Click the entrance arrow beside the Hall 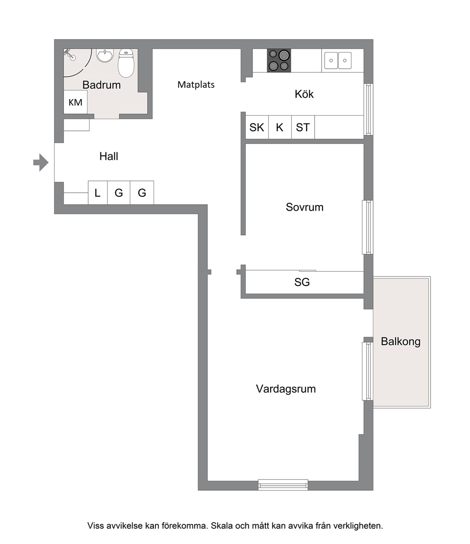pyautogui.click(x=41, y=162)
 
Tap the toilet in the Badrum pyautogui.click(x=126, y=63)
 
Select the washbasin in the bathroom pyautogui.click(x=105, y=55)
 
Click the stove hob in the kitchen pyautogui.click(x=279, y=61)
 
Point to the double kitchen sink pyautogui.click(x=338, y=61)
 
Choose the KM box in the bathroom pyautogui.click(x=75, y=102)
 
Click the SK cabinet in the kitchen pyautogui.click(x=257, y=127)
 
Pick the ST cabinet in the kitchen pyautogui.click(x=303, y=127)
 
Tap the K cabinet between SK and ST pyautogui.click(x=280, y=127)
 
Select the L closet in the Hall pyautogui.click(x=98, y=193)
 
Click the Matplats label pyautogui.click(x=196, y=85)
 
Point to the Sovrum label pyautogui.click(x=305, y=207)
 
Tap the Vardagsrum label pyautogui.click(x=286, y=389)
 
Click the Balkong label pyautogui.click(x=400, y=341)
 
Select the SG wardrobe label pyautogui.click(x=302, y=282)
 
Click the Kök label pyautogui.click(x=304, y=94)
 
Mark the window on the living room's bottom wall pyautogui.click(x=283, y=485)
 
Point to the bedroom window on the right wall pyautogui.click(x=368, y=227)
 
